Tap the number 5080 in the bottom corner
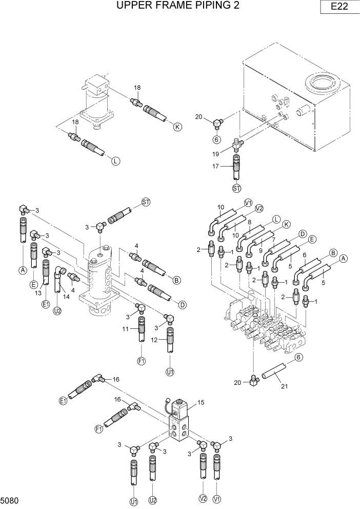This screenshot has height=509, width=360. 10,499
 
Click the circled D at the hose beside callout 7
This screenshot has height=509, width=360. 303,233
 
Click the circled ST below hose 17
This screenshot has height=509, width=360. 236,188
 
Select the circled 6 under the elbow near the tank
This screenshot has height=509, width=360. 216,138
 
